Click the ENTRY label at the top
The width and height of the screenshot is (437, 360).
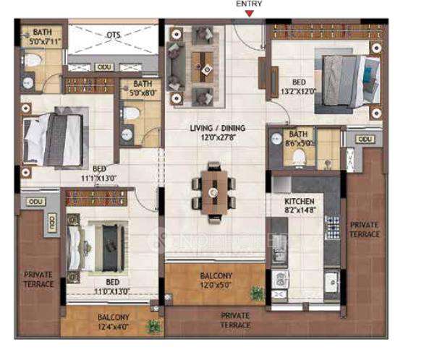coord(249,4)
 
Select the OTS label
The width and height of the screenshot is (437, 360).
coord(114,34)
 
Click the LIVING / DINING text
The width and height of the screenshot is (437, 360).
coord(217,132)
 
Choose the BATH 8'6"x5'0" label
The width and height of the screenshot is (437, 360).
coord(298,139)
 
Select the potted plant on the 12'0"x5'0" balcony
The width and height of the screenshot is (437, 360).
coord(257,293)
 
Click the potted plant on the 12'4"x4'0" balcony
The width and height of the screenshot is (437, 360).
coord(153,326)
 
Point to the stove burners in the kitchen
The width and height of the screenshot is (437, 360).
coord(333,228)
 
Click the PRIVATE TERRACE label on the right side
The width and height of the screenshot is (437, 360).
coord(364,230)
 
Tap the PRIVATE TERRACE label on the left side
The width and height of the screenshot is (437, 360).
coord(38,279)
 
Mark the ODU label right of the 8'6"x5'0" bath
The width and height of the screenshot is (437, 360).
coord(365,139)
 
